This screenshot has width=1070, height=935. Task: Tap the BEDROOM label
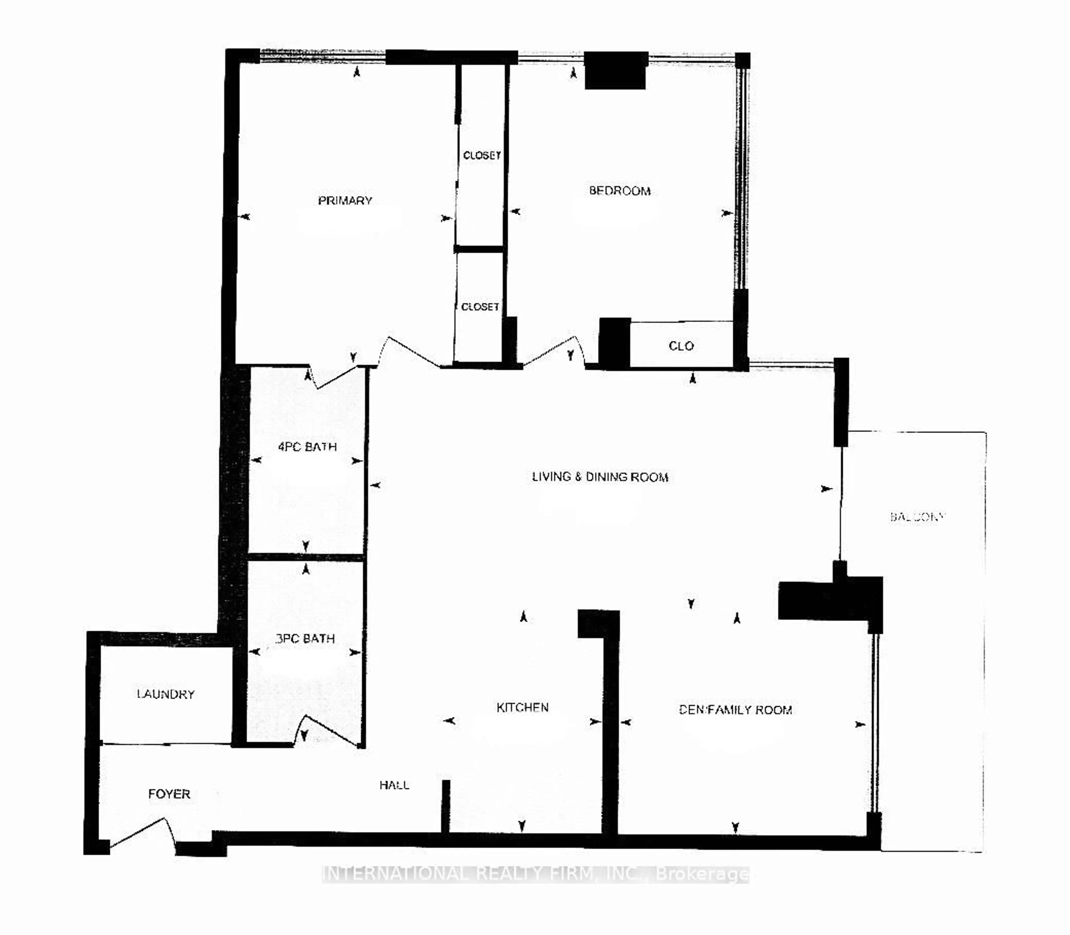point(619,191)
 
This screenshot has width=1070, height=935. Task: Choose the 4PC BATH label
point(307,447)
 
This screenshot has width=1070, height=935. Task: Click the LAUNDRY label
point(166,694)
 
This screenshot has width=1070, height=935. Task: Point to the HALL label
point(394,785)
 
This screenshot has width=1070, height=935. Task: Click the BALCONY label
point(917,517)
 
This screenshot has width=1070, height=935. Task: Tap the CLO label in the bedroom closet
point(681,346)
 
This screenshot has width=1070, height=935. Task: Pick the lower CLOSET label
point(480,307)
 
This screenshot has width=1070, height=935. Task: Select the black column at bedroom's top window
point(615,70)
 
